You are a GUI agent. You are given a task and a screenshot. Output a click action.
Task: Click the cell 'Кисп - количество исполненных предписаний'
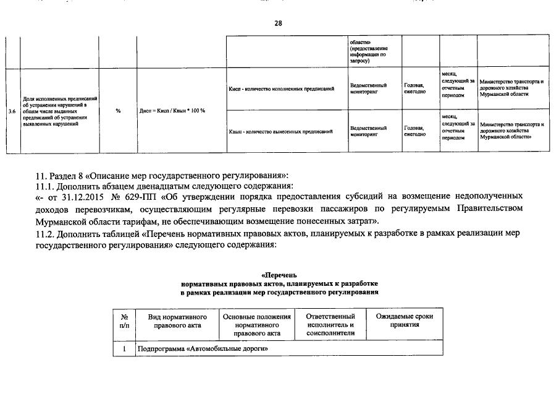click(x=281, y=89)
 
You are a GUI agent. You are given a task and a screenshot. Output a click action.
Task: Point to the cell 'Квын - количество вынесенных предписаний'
click(x=281, y=131)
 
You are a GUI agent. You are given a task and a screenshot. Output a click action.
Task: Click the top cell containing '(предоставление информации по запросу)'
click(x=369, y=52)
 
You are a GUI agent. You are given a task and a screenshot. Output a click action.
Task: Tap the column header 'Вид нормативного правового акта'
click(x=176, y=321)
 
